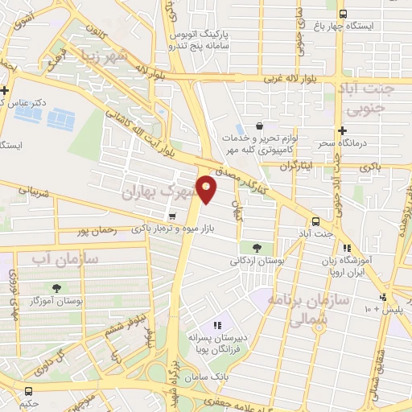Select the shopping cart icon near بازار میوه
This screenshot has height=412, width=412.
(172, 216)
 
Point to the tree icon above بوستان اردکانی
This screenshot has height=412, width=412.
(257, 247)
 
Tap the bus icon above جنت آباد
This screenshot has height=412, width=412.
(315, 220)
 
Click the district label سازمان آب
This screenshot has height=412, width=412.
(64, 259)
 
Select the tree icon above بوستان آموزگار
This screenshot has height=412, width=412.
(56, 287)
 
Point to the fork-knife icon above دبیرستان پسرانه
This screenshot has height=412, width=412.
(217, 324)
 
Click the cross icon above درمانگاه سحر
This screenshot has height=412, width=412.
(343, 130)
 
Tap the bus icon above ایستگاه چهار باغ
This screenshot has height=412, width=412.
(344, 14)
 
